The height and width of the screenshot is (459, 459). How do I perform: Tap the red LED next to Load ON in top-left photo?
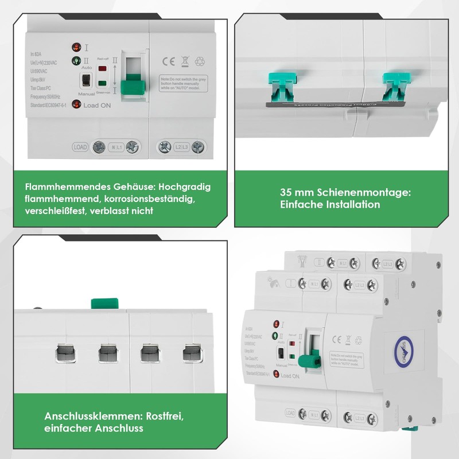click(x=76, y=104)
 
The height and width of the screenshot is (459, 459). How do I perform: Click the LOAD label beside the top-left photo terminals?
click(x=80, y=147)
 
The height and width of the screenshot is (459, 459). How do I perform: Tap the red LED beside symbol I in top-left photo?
click(x=76, y=47)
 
